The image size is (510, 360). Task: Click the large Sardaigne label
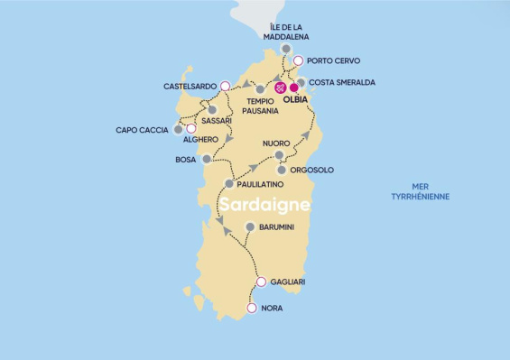[264, 205]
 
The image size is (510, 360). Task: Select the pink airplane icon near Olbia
[280, 88]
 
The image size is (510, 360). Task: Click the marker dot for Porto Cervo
[299, 60]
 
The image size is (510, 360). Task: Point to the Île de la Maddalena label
[286, 32]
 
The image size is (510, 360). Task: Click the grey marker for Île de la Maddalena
[286, 49]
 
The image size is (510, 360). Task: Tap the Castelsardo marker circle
[225, 86]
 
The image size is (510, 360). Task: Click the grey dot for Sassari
[211, 110]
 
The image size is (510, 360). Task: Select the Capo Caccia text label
[142, 130]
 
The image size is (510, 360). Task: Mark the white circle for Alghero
[190, 128]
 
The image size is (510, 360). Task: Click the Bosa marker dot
[208, 159]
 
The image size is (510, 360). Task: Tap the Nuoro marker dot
[279, 155]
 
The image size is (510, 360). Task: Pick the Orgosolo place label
[312, 170]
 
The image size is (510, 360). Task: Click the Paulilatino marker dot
[229, 184]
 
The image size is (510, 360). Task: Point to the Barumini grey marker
[250, 227]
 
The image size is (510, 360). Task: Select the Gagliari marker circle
[261, 282]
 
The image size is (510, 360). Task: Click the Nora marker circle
[251, 308]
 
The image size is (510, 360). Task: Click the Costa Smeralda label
[342, 82]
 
